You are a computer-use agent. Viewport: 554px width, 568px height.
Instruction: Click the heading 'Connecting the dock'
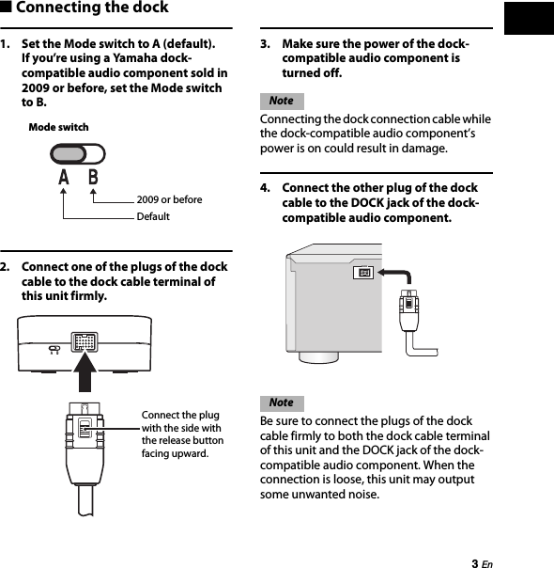(92, 8)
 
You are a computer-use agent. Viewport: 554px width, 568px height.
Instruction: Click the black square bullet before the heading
(7, 8)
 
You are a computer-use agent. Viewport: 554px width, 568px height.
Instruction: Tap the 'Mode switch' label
(58, 127)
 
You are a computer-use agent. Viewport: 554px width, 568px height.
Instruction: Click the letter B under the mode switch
(93, 178)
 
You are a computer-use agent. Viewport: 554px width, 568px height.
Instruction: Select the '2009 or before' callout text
(169, 199)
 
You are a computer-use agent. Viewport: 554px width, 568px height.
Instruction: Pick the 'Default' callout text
(153, 216)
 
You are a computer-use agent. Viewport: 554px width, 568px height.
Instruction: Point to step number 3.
(266, 44)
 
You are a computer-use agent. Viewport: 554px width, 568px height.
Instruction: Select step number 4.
(266, 188)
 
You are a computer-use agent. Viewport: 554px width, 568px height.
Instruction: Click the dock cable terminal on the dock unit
(85, 340)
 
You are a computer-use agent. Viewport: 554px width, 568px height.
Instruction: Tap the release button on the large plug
(84, 429)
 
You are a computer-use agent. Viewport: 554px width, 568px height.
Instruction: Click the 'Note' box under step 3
(281, 101)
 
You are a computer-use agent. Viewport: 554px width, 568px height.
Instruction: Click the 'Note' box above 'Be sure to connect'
(281, 402)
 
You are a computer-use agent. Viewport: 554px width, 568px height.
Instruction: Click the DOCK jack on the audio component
(364, 274)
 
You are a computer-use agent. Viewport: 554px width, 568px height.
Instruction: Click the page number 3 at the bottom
(474, 562)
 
